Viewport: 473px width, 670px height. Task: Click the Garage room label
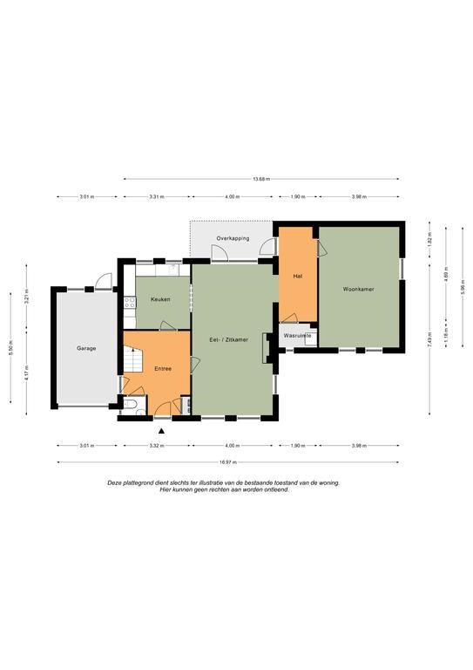pyautogui.click(x=86, y=348)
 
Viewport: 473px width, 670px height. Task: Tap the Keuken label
pyautogui.click(x=160, y=299)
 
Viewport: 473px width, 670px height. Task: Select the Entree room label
pyautogui.click(x=163, y=368)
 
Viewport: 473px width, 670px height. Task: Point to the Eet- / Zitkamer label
pyautogui.click(x=228, y=339)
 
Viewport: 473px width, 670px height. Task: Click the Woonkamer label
pyautogui.click(x=359, y=290)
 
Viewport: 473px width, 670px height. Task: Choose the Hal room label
pyautogui.click(x=298, y=277)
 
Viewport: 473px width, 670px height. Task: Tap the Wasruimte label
pyautogui.click(x=297, y=336)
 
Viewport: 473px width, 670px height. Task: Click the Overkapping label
pyautogui.click(x=233, y=238)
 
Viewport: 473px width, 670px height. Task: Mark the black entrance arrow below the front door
pyautogui.click(x=161, y=431)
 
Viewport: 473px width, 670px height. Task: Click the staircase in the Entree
pyautogui.click(x=133, y=359)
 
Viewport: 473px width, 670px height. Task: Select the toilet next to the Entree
pyautogui.click(x=130, y=404)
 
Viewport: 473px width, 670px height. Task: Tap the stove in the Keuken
pyautogui.click(x=130, y=303)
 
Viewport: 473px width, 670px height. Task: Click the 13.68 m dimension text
pyautogui.click(x=261, y=179)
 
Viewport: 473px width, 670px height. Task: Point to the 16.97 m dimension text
pyautogui.click(x=227, y=461)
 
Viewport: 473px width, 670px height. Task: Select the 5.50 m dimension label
pyautogui.click(x=10, y=347)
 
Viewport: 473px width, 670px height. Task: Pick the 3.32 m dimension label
pyautogui.click(x=157, y=446)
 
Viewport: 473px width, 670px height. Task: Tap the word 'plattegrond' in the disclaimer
pyautogui.click(x=137, y=482)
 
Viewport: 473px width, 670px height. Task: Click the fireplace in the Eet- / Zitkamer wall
pyautogui.click(x=267, y=348)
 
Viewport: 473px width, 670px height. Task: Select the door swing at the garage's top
pyautogui.click(x=103, y=281)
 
